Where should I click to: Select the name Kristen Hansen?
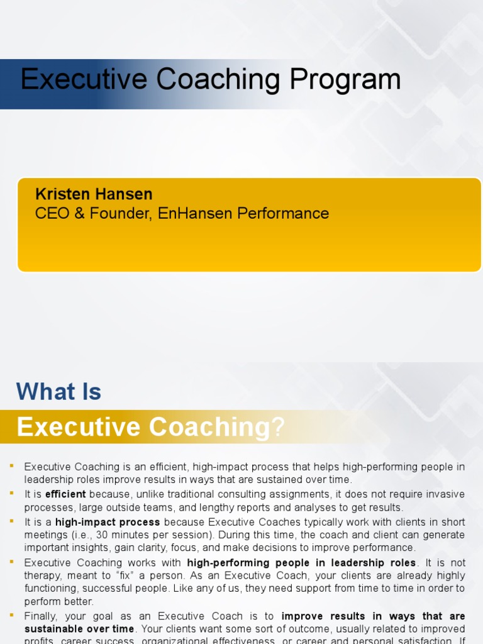[94, 194]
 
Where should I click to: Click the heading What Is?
[58, 392]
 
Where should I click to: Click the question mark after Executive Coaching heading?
[279, 428]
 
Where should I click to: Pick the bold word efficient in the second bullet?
[65, 494]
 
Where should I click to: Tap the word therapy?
[45, 575]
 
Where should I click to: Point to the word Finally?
[43, 616]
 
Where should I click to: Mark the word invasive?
[445, 494]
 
